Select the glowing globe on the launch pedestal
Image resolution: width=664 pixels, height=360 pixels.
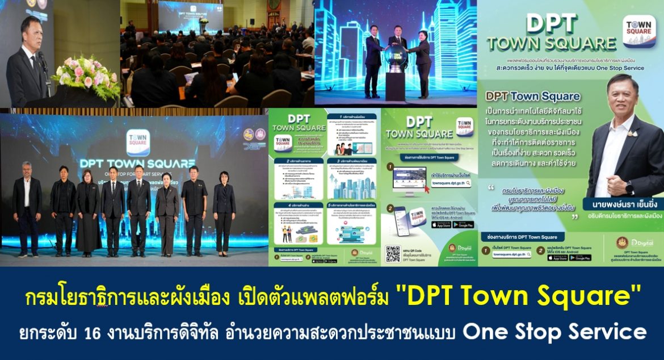[x=395, y=57]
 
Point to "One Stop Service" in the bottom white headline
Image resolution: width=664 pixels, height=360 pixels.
[x=554, y=331]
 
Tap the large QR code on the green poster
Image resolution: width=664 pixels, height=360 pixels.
[x=393, y=254]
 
